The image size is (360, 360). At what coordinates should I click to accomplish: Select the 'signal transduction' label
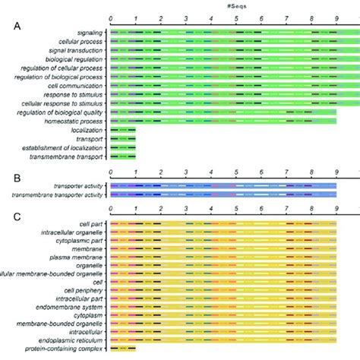[x=73, y=50]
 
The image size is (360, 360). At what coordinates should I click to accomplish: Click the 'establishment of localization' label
[x=62, y=147]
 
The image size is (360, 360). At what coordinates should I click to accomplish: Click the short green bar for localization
[x=123, y=131]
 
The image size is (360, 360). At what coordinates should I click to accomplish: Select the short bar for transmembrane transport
[x=123, y=156]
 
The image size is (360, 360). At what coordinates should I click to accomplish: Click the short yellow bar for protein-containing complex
[x=123, y=349]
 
